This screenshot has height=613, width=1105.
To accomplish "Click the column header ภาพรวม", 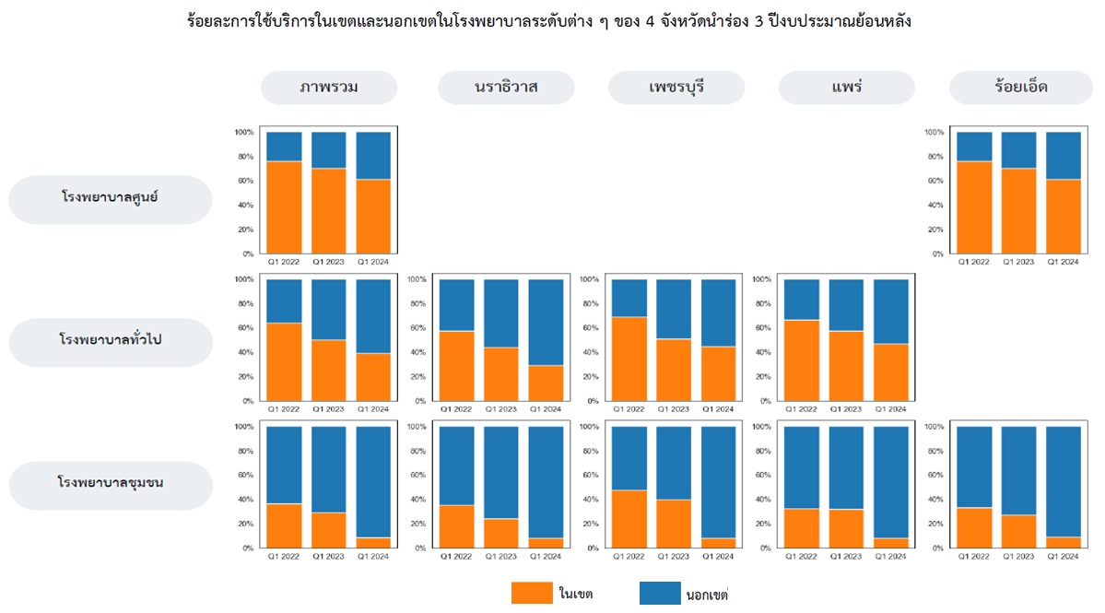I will point(329,88).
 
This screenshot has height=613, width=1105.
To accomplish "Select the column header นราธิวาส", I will point(506,88).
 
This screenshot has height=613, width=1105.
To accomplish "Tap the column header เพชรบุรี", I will point(676,88).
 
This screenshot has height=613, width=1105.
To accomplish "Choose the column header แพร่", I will point(846,88).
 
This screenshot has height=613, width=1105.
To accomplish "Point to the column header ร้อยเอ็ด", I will point(1020,88).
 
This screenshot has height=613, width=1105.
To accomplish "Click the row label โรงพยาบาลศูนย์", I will point(111,199).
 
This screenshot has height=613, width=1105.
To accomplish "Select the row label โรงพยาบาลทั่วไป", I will point(111,342).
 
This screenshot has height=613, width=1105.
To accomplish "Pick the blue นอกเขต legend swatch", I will point(658,593).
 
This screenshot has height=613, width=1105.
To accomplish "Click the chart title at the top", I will point(549,20).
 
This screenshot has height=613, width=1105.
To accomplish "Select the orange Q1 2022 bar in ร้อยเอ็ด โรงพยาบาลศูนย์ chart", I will point(974,207).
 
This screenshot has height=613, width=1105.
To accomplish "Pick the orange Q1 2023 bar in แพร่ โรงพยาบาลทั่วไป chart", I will point(846,365).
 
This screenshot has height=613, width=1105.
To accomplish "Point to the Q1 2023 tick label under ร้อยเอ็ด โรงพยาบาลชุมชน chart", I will point(1018,556).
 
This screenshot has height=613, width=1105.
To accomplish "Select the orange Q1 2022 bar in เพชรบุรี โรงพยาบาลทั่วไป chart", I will point(629,359).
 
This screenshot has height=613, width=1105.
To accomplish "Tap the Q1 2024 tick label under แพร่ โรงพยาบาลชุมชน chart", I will point(891,556).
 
